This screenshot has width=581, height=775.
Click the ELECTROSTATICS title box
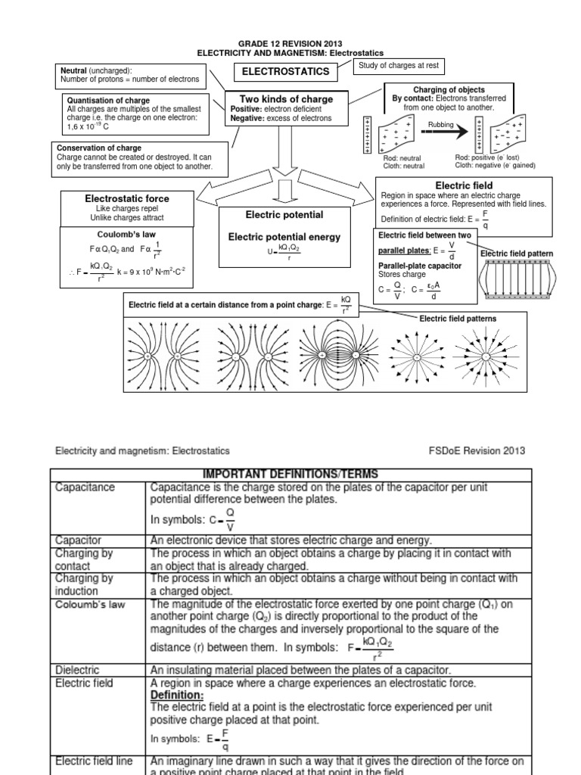click(285, 72)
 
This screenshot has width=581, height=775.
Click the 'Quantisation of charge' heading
click(108, 101)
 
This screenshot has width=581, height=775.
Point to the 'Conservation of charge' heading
click(99, 148)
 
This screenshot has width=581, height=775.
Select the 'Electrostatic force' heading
click(126, 198)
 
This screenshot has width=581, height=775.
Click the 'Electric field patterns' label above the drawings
click(458, 319)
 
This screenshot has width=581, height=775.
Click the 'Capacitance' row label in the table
click(85, 487)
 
